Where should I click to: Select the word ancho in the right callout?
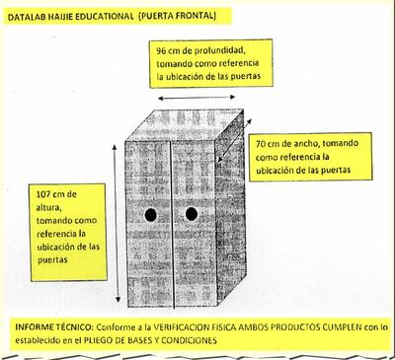pos(306,140)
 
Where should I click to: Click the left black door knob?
pos(150,215)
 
